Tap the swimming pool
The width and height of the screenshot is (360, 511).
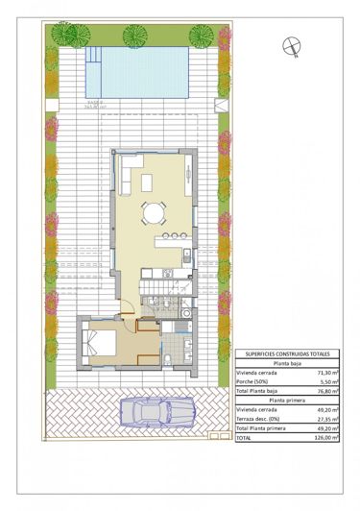pos(138,73)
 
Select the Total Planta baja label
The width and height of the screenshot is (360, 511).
pos(260,392)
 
